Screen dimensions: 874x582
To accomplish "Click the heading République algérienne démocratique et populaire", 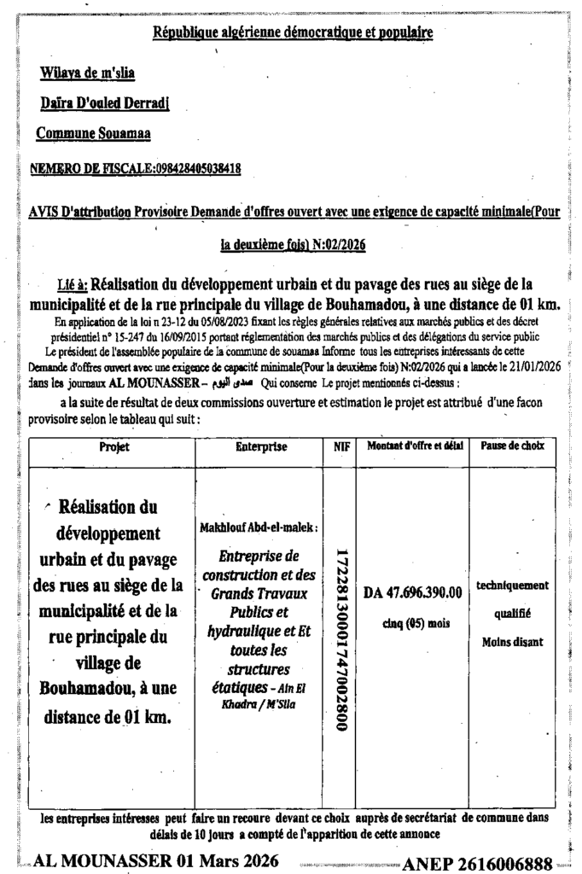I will [x=292, y=32].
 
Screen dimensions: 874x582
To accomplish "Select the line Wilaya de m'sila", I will [x=87, y=74].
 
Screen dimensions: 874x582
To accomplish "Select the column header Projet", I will [x=112, y=446].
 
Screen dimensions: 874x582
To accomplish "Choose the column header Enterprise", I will [x=260, y=446].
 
